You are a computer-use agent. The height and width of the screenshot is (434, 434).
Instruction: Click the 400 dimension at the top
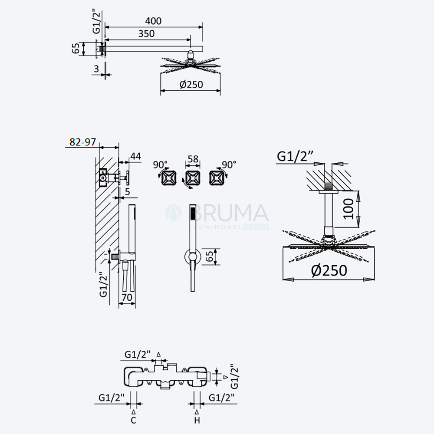point(153,21)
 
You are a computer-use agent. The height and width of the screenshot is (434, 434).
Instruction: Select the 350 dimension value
point(146,34)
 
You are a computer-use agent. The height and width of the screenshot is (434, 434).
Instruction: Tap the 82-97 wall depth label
point(82,142)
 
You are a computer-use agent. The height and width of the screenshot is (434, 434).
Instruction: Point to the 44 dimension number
point(135,156)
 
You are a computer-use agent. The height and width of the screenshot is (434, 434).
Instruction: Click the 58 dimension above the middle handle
point(193,159)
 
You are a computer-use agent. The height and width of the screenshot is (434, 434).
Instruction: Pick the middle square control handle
point(193,178)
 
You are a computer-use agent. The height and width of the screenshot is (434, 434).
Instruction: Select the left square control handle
point(169,178)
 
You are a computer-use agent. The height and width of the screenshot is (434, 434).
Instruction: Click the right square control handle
point(217,178)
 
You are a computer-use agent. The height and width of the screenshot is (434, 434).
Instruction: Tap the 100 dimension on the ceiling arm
point(348,209)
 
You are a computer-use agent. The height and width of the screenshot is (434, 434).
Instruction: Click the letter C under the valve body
point(133,421)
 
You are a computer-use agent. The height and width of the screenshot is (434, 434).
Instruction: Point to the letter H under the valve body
point(197,421)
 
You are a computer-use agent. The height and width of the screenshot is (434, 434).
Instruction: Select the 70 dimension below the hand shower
point(127,298)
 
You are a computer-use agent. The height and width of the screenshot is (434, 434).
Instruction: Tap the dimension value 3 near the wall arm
point(96,69)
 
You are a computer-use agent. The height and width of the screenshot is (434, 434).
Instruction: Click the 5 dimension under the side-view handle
point(127,191)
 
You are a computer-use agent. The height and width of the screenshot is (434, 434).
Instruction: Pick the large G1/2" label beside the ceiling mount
point(295,156)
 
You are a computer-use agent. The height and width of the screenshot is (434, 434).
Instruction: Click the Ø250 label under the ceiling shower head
point(329,270)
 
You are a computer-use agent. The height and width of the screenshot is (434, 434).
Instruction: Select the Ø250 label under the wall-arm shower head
point(191,85)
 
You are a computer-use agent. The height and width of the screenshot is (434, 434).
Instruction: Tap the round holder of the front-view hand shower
point(193,256)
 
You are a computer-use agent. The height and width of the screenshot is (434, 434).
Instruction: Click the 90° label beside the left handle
point(160,164)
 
